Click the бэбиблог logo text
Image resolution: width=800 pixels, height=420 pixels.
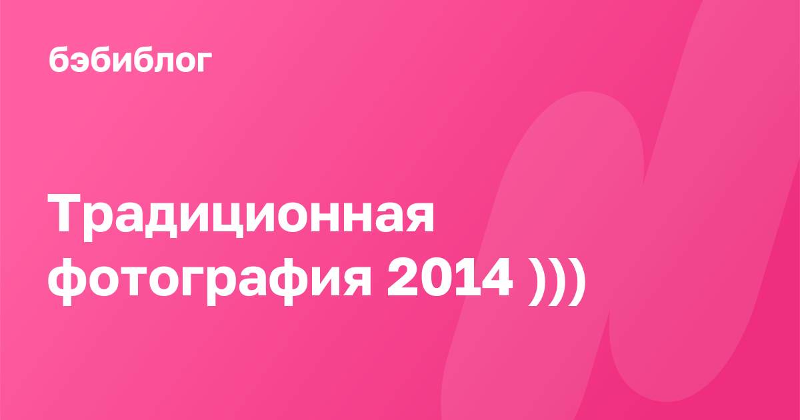point(131,60)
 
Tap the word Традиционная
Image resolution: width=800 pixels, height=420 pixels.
point(241,217)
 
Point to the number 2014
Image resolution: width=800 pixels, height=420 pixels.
point(450,277)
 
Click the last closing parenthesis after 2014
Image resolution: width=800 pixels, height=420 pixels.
point(577,282)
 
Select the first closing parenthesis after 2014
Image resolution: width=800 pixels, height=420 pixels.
point(537,282)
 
